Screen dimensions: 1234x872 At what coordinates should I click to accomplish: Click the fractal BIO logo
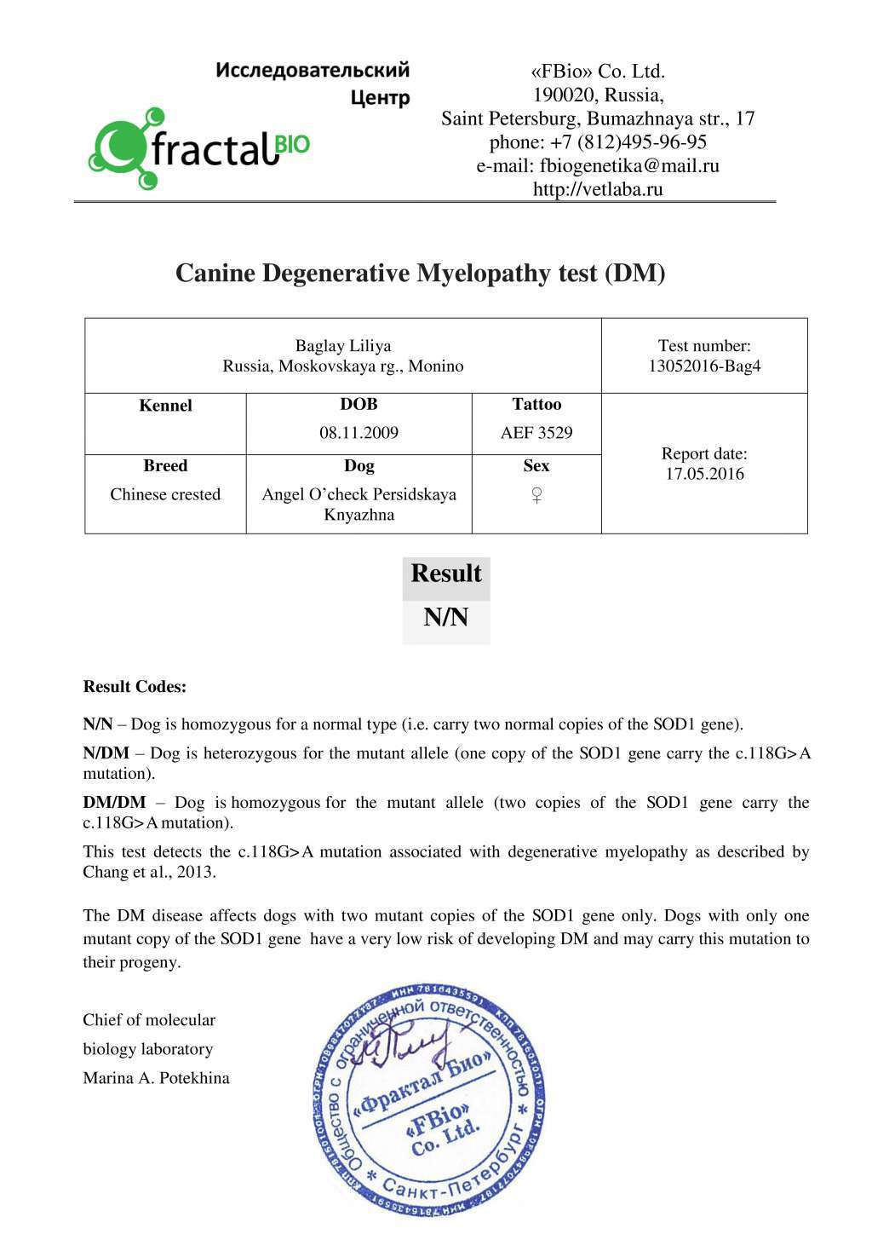click(198, 148)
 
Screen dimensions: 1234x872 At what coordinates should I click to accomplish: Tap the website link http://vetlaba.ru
click(598, 189)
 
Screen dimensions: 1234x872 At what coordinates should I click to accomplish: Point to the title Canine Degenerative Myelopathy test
click(420, 274)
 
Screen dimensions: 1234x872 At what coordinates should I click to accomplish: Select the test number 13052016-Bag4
click(704, 366)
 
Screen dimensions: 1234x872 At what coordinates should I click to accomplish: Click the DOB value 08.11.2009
click(359, 433)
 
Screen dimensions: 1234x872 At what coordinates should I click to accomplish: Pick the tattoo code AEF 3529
click(536, 433)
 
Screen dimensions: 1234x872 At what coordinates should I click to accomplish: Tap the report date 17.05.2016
click(704, 474)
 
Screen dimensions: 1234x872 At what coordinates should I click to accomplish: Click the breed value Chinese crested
click(165, 494)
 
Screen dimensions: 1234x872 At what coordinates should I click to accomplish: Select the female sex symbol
click(536, 495)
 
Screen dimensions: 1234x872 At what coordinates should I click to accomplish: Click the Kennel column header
click(165, 406)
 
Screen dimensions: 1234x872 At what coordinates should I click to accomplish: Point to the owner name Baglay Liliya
click(343, 346)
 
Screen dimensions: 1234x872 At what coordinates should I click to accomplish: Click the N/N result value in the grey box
click(446, 617)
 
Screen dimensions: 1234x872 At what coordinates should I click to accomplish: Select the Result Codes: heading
click(135, 687)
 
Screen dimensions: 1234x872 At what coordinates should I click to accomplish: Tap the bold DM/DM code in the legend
click(114, 803)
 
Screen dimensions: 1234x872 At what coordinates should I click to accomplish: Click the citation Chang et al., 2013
click(149, 872)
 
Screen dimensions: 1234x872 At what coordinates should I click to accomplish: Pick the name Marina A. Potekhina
click(156, 1078)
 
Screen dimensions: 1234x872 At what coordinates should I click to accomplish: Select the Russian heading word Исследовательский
click(313, 70)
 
